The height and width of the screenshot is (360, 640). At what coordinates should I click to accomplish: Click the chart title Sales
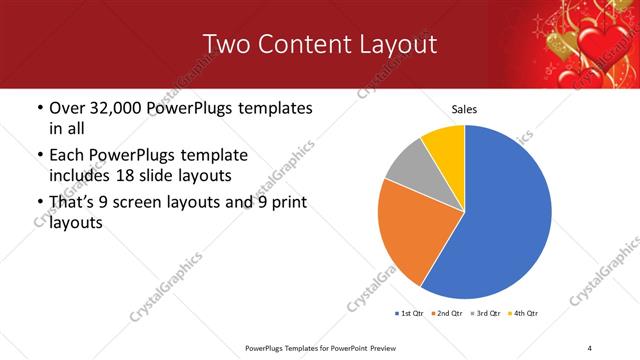pyautogui.click(x=464, y=109)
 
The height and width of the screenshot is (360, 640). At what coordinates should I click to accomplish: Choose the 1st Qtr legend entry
pyautogui.click(x=409, y=314)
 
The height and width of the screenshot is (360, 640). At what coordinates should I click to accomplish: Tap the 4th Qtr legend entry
pyautogui.click(x=526, y=314)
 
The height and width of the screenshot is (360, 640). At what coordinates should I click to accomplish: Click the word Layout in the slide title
pyautogui.click(x=392, y=44)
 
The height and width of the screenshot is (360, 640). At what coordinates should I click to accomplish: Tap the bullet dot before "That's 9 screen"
pyautogui.click(x=38, y=203)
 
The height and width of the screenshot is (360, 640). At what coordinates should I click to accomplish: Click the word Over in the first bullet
pyautogui.click(x=68, y=108)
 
